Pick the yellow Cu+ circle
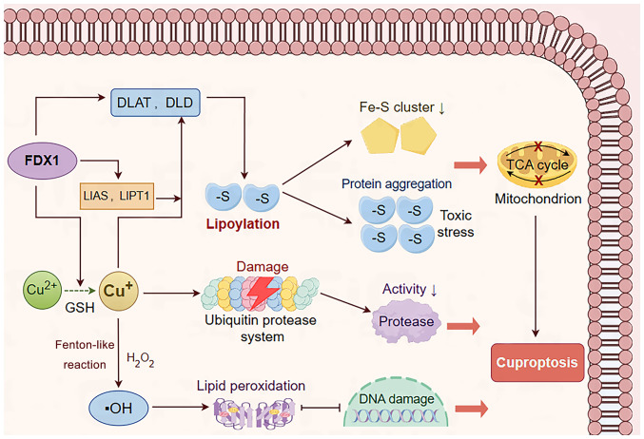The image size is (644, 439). [116, 286]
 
